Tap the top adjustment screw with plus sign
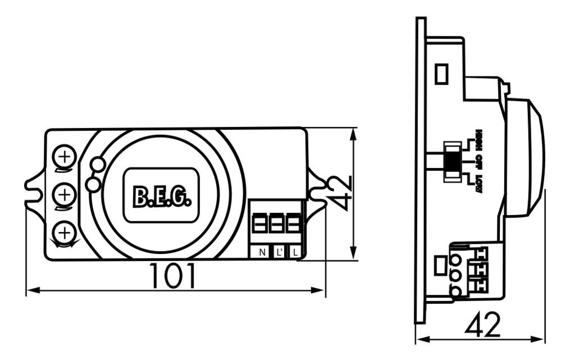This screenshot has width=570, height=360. pos(66,156)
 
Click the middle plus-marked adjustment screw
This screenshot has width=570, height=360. pos(66,194)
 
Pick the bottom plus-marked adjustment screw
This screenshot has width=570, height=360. pos(66,231)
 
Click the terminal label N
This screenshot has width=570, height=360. pos(262,252)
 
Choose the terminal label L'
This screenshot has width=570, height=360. pos(279,252)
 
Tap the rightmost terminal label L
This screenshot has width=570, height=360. pos(295,252)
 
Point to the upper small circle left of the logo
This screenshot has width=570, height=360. pos(98,164)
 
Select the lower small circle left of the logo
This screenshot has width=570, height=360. pos(93,184)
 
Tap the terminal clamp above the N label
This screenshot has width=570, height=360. pos(259,224)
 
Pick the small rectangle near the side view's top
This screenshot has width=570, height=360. pos(442,74)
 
